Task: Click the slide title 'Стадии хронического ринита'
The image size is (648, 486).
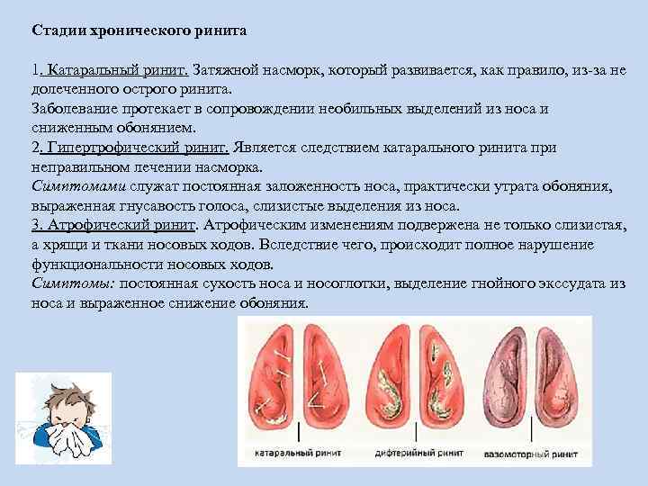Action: coord(139,31)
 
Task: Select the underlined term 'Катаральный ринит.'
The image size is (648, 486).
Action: coord(114,70)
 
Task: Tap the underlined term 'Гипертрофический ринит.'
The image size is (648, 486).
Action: coord(135,148)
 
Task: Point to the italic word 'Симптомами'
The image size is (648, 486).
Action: coord(78,186)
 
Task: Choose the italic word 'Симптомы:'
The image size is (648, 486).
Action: coord(74,283)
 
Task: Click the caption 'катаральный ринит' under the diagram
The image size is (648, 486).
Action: coord(298,453)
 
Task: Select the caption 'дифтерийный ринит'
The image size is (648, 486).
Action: coord(419,453)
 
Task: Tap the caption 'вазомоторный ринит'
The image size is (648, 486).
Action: coord(531,454)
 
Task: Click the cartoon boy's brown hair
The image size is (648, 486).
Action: coord(68,398)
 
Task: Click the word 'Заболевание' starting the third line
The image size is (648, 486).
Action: coord(75,109)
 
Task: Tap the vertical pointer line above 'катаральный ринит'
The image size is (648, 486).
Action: coord(299,432)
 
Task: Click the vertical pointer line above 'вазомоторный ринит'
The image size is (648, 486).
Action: coord(532,432)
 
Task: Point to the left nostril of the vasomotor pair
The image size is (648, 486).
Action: coord(506,378)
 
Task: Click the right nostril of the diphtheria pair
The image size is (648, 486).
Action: coord(443,377)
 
